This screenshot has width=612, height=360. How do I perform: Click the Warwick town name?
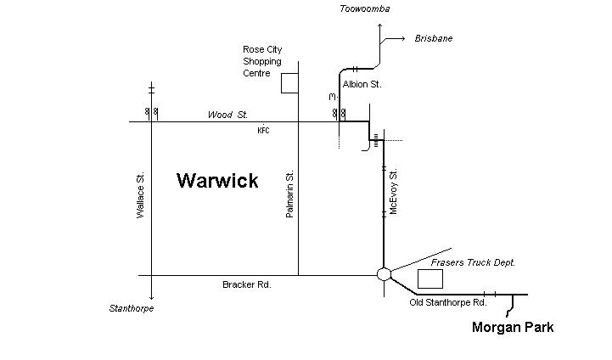pos(217,181)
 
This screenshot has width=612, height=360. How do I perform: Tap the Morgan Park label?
pos(513,327)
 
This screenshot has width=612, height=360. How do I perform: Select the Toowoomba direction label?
pos(364,9)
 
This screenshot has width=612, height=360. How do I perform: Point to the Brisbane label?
pos(433,39)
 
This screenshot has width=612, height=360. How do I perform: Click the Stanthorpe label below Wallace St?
pos(132,308)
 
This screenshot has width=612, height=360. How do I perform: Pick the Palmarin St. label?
pos(289,194)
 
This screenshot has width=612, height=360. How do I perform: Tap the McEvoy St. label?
pos(394,191)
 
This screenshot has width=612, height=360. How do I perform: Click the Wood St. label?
pos(227,115)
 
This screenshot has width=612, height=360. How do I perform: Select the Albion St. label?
pos(362,85)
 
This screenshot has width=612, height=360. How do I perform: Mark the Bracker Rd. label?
pos(246,285)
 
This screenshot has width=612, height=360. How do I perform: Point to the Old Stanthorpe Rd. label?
pos(447,302)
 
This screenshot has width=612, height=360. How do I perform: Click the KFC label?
pos(262,131)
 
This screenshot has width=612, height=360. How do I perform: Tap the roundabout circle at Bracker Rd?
pos(384,274)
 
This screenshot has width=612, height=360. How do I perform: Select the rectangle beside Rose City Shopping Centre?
pos(290,82)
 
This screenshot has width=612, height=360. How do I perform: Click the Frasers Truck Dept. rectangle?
pos(430,279)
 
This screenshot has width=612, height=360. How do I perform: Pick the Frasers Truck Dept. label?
pos(473,262)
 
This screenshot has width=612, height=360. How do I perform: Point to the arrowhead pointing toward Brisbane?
pos(403,39)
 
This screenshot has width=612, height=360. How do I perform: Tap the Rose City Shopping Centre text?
pos(262,61)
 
